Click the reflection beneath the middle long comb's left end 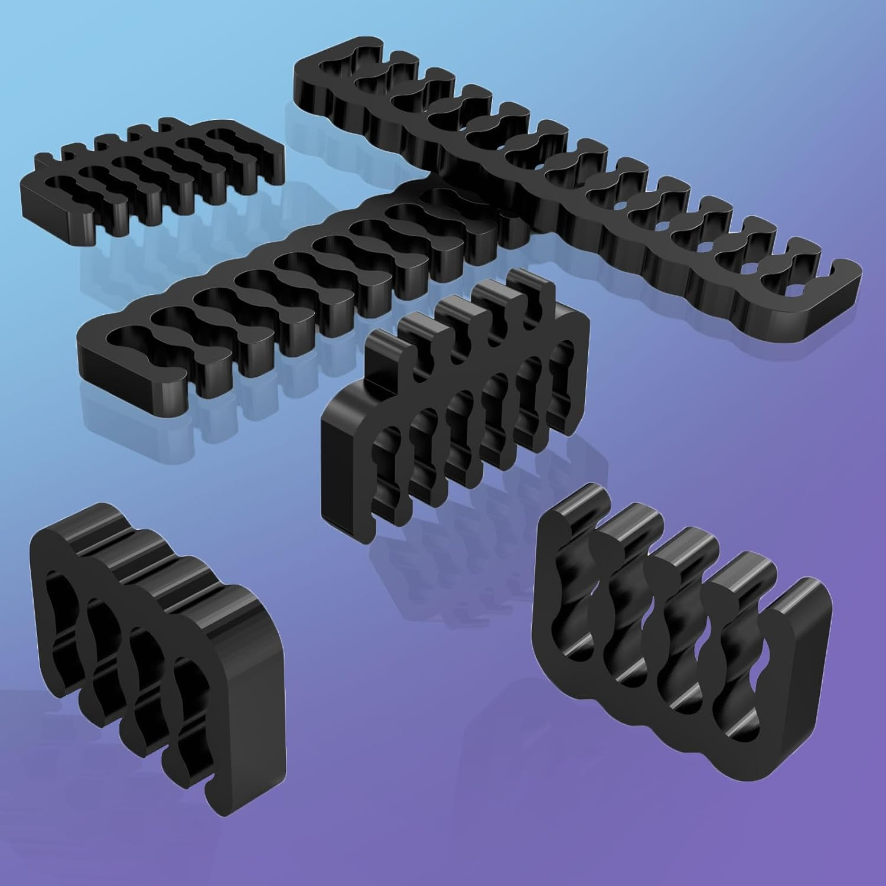point(118,408)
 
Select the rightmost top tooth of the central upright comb point(523,284)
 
